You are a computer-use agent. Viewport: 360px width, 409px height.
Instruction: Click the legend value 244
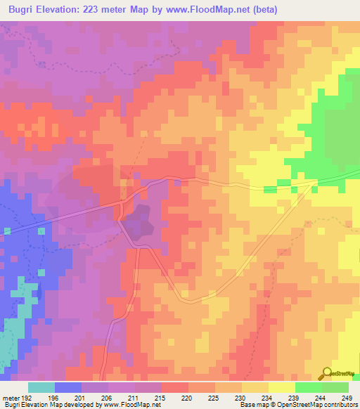[x=321, y=397]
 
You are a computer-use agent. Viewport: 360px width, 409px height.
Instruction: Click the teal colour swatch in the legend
[x=41, y=387]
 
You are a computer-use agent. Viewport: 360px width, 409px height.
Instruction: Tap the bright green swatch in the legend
[x=309, y=387]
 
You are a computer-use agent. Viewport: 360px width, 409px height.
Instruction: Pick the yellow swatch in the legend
[x=282, y=387]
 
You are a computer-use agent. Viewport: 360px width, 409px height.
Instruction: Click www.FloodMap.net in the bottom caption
[x=132, y=405]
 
